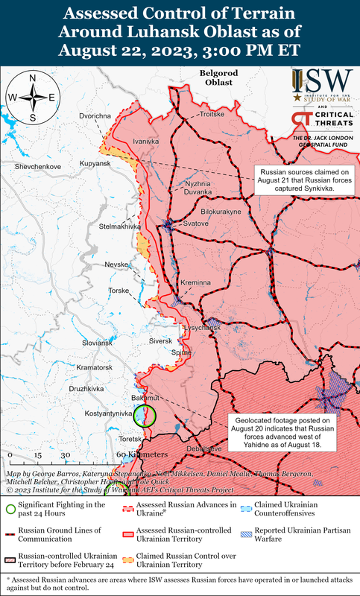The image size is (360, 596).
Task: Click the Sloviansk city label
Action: coord(97,343)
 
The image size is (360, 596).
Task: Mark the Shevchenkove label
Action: coord(32,167)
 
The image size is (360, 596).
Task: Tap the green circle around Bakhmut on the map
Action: coord(145,416)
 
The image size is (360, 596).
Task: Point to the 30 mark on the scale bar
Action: coord(65,454)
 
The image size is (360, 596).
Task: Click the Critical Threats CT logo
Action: coord(302,119)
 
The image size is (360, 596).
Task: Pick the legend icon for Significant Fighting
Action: coord(10,510)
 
